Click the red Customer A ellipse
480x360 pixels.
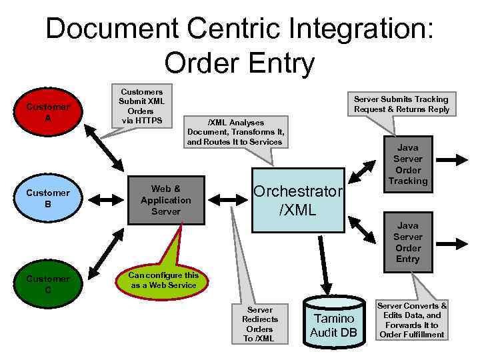coord(47,112)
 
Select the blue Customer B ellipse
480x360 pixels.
coord(47,199)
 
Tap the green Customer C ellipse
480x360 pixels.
coord(47,285)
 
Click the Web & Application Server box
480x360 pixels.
coord(166,200)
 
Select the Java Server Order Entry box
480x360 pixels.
coord(407,243)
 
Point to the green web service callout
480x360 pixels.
coord(163,280)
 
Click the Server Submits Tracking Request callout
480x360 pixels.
coord(401,104)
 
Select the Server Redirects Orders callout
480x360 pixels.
coord(259,324)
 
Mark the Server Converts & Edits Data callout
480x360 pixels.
coord(412,320)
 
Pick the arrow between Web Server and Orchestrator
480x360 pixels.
coord(227,199)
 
